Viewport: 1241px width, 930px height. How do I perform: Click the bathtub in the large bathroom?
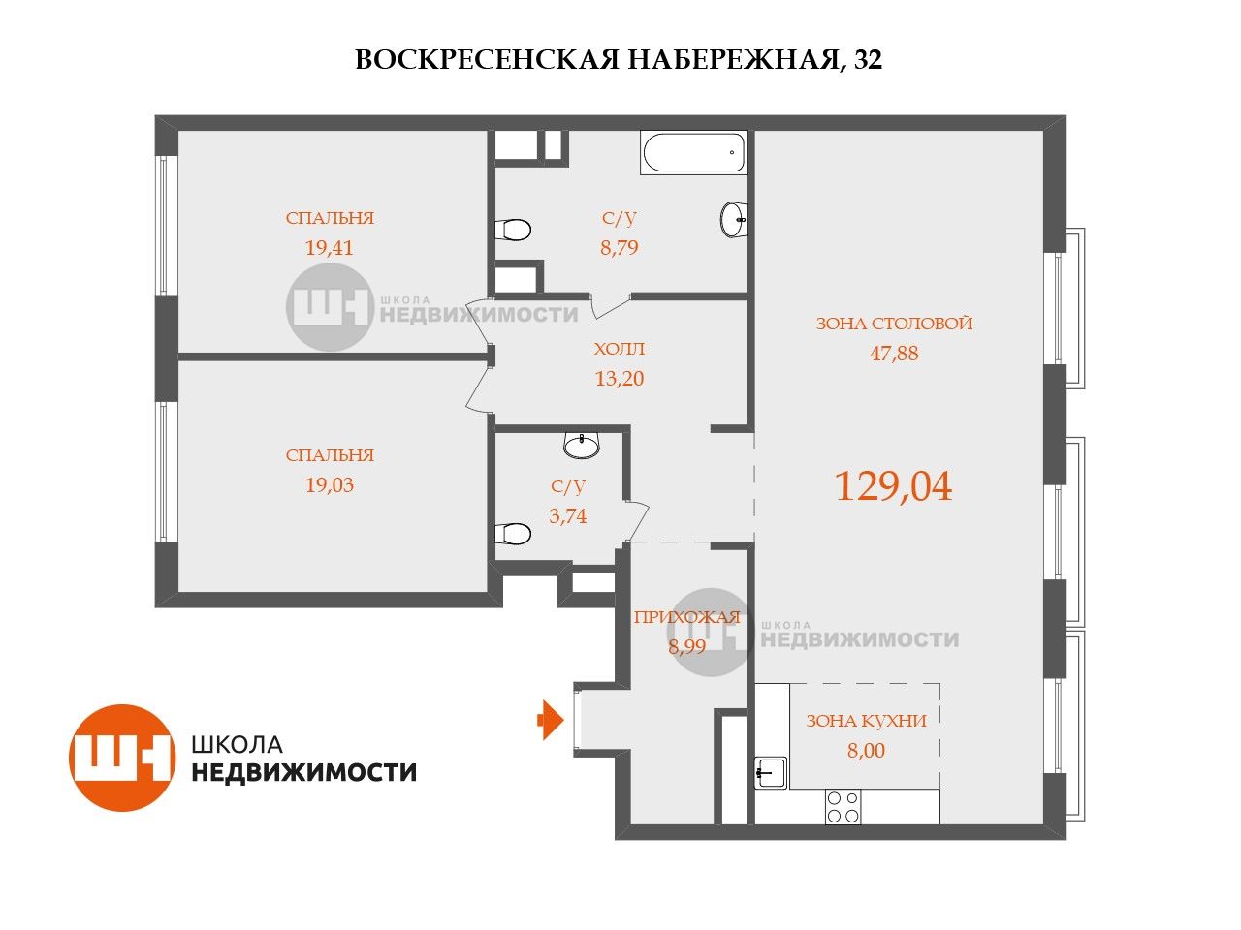pos(693,152)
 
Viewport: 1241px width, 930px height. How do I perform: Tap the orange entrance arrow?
pos(550,720)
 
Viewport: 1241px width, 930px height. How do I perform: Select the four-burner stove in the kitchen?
pos(843,807)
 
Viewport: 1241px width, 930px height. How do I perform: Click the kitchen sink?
pos(770,772)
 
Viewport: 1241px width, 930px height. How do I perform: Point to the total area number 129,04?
pos(893,486)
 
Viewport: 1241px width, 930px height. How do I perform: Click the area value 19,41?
pos(329,247)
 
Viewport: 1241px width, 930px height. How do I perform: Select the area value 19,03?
pos(329,485)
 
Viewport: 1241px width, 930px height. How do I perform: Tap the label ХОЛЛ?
pos(620,349)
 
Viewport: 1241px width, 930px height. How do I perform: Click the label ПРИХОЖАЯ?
pos(687,617)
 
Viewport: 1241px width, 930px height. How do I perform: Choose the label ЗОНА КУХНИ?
pos(866,721)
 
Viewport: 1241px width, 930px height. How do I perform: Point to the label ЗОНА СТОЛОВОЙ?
pos(894,324)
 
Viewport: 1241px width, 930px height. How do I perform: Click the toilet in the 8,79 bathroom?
pos(513,230)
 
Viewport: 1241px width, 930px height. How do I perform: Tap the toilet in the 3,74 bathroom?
pos(513,533)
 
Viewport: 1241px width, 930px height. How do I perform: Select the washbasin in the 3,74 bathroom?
pos(582,446)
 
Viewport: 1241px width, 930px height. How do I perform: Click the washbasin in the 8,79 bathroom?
pos(733,220)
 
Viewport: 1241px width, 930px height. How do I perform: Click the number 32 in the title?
pos(868,59)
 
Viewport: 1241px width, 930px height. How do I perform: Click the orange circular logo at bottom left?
pos(121,758)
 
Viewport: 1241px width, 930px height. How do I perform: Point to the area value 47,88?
pos(894,354)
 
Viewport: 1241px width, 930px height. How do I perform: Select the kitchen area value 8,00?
pos(866,751)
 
